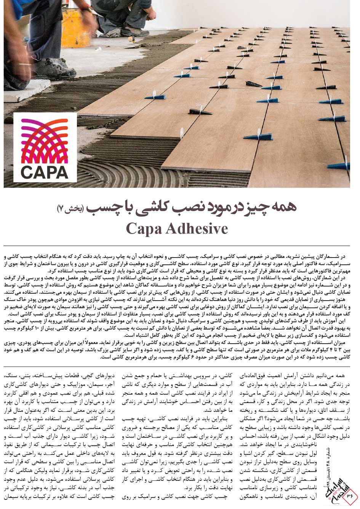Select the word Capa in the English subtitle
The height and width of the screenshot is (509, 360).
click(143, 229)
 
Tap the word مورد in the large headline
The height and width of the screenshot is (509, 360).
click(224, 208)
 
